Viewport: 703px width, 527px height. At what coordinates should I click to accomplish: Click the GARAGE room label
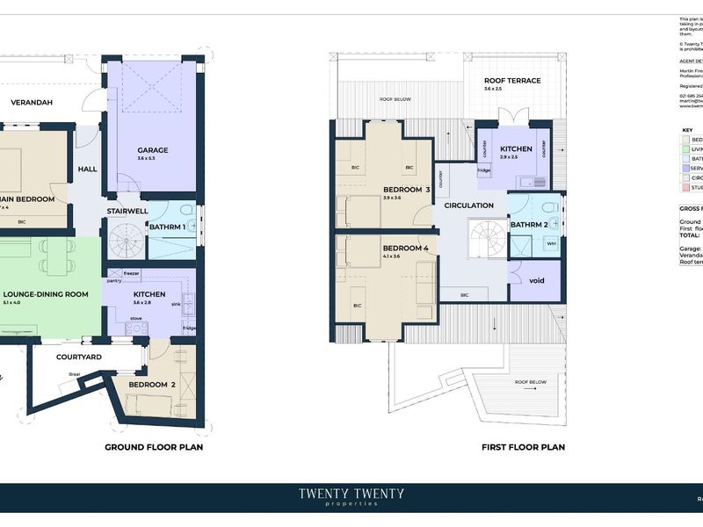(x=152, y=150)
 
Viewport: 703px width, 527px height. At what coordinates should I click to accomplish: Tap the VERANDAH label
(x=32, y=103)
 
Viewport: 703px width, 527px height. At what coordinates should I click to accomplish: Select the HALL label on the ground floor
(x=87, y=169)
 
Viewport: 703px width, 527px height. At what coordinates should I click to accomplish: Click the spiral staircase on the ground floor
(x=126, y=239)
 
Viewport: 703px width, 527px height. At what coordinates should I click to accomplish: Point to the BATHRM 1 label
(x=166, y=227)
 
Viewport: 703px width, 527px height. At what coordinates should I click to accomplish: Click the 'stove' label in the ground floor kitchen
(x=136, y=318)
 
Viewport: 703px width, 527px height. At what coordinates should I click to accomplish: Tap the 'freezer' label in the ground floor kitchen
(x=131, y=273)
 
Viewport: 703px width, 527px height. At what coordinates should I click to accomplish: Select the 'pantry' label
(x=113, y=281)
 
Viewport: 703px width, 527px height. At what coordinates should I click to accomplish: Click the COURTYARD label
(x=79, y=357)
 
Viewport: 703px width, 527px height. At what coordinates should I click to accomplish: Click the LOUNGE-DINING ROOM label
(x=46, y=294)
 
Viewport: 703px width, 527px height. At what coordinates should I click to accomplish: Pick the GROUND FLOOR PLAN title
(x=154, y=447)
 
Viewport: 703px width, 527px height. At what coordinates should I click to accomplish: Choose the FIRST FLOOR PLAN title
(x=523, y=447)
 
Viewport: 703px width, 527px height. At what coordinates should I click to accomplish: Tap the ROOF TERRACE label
(x=512, y=81)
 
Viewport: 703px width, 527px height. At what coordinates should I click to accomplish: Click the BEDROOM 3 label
(x=406, y=190)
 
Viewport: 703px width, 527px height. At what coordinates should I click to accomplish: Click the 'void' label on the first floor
(x=538, y=281)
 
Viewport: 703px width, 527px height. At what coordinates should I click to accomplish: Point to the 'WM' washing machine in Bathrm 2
(x=551, y=242)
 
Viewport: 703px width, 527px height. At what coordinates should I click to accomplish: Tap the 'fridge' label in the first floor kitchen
(x=484, y=170)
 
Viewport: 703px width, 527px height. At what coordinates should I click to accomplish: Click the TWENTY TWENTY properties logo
(x=351, y=496)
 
